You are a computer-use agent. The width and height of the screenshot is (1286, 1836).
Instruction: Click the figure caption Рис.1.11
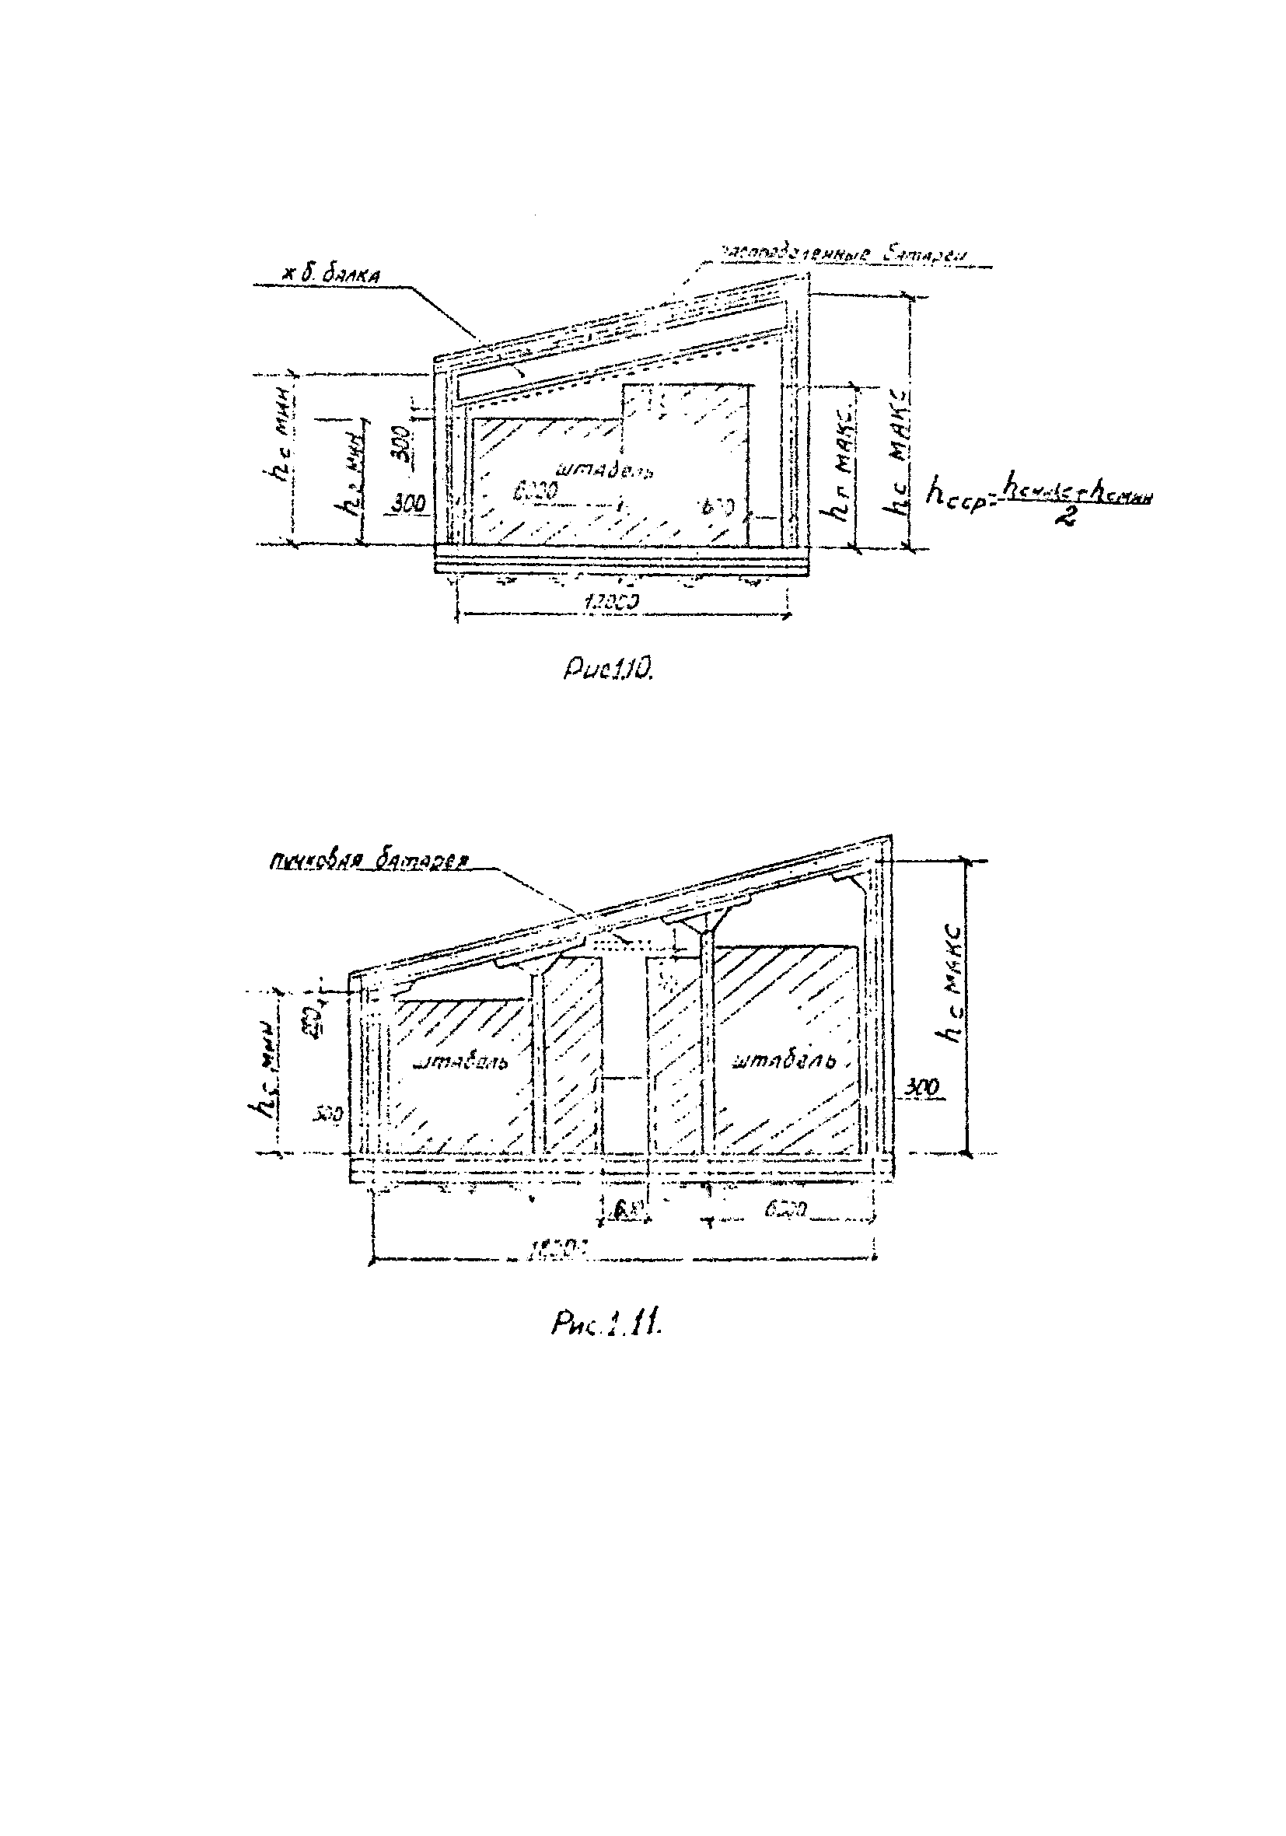coord(607,1325)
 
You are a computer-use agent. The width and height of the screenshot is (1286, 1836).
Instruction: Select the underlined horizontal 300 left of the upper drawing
coord(411,502)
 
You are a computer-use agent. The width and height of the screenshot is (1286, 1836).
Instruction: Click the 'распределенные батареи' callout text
coord(845,254)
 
